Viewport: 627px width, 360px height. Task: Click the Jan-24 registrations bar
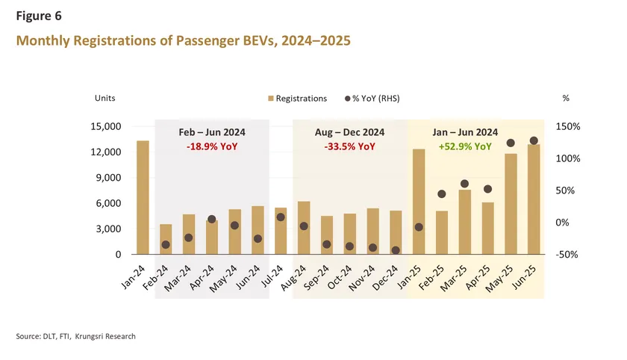click(143, 198)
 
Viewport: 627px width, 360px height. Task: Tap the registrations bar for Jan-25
click(419, 202)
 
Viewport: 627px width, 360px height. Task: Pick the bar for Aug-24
click(304, 229)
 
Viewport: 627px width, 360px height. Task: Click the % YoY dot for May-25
click(511, 143)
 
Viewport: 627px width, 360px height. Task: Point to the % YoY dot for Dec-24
click(396, 250)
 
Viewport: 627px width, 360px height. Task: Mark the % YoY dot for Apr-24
click(212, 220)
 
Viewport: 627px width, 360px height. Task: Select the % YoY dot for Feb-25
click(442, 194)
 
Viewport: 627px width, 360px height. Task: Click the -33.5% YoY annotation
click(350, 146)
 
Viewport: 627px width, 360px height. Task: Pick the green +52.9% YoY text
click(465, 146)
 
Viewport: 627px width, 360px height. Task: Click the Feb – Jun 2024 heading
click(212, 132)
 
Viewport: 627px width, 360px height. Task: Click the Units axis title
click(104, 98)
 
